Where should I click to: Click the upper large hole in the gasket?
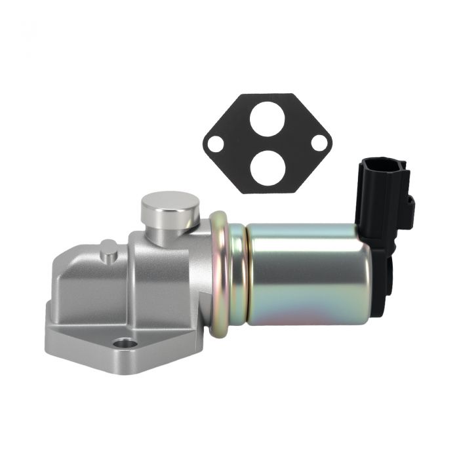click(x=269, y=119)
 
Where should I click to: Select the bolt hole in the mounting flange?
click(x=125, y=343)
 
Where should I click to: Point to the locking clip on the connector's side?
click(x=409, y=209)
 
